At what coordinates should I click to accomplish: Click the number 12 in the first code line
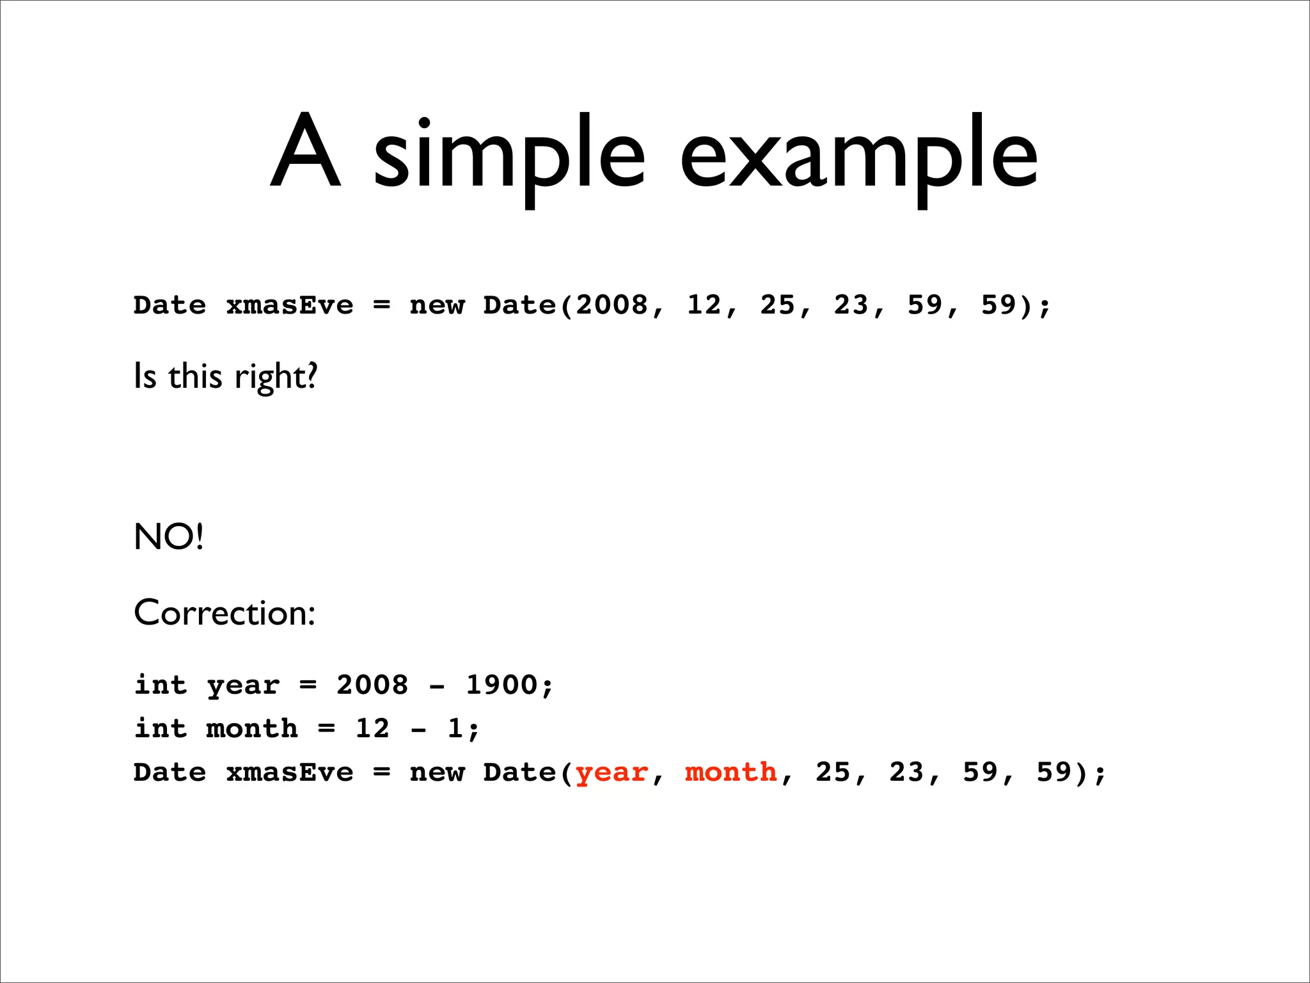(704, 305)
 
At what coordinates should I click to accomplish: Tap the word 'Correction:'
(225, 613)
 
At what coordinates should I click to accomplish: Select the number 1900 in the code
(501, 685)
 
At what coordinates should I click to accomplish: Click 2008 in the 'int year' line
(372, 685)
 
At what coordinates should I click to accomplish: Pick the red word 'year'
(612, 772)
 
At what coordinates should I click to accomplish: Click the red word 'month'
(731, 772)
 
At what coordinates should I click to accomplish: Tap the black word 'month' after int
(252, 728)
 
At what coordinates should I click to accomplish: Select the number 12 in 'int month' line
(372, 728)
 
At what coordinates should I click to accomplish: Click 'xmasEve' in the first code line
(289, 305)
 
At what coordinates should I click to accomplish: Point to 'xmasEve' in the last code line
(289, 772)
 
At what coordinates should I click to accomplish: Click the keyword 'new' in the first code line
(437, 305)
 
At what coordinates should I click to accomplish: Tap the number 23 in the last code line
(906, 772)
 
